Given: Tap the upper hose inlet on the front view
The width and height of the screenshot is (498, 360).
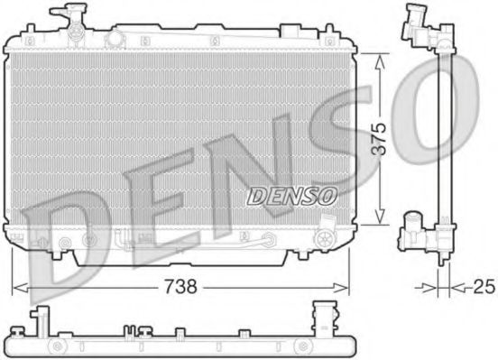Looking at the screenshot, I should (x=63, y=17).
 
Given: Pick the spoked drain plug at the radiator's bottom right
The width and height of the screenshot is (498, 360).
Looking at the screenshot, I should (x=323, y=238).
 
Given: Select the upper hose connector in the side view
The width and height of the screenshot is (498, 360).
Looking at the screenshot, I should (x=418, y=20).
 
